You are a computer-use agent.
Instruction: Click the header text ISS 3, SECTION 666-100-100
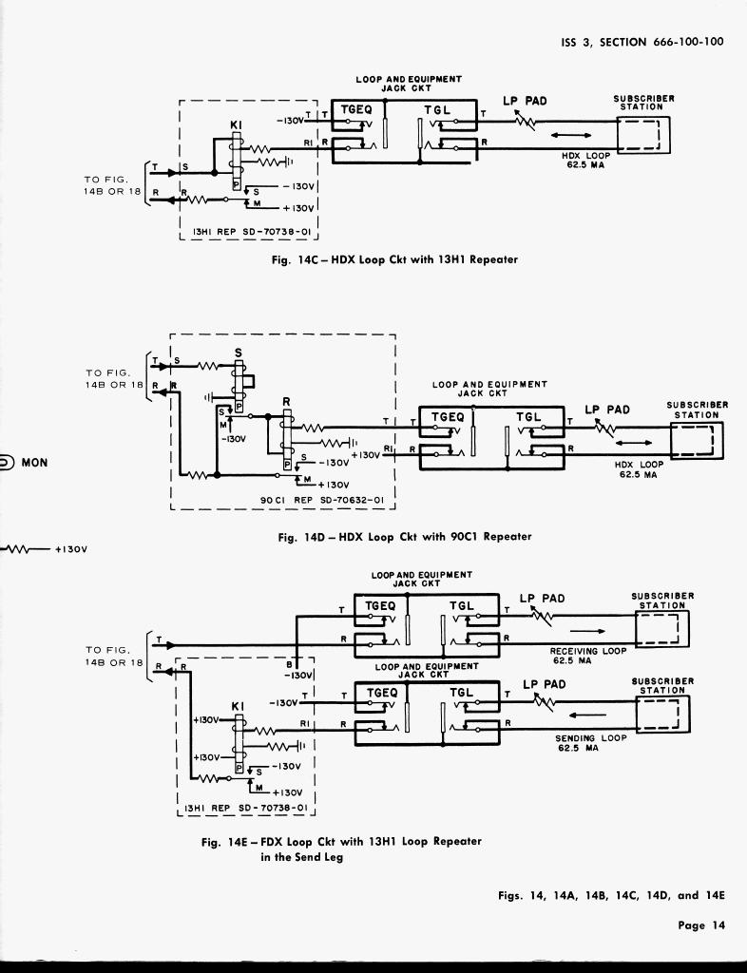pos(642,42)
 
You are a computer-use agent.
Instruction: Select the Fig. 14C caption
pos(394,259)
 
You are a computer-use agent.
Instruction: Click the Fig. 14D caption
pos(404,537)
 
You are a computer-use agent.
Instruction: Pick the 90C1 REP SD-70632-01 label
pos(321,500)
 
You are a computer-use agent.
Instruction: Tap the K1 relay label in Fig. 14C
pos(237,124)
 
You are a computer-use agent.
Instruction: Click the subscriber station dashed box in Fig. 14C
pos(643,134)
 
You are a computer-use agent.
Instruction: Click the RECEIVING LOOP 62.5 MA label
pos(588,655)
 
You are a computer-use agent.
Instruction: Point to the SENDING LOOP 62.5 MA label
pos(590,743)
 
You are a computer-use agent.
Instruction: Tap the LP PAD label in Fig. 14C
pos(525,102)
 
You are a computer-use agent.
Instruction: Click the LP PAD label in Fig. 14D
pos(607,410)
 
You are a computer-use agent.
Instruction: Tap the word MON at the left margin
pos(34,463)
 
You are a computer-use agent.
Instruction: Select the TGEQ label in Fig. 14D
pos(448,417)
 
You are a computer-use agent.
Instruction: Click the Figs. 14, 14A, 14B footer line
pos(611,895)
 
